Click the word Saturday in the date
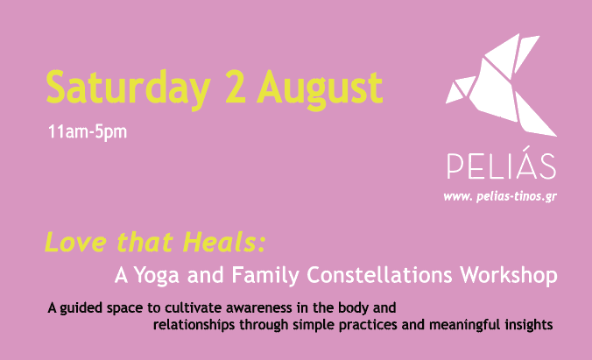(x=128, y=89)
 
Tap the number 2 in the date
(x=235, y=87)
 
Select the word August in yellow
(x=320, y=90)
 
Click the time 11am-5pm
(x=88, y=132)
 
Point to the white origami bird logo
(x=501, y=85)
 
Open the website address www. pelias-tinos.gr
(x=500, y=197)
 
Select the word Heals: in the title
(x=224, y=242)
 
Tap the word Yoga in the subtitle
(x=156, y=275)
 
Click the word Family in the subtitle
(x=265, y=275)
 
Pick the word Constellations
(x=379, y=275)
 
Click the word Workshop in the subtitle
(x=509, y=275)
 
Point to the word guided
(x=81, y=308)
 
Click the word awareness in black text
(x=259, y=308)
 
